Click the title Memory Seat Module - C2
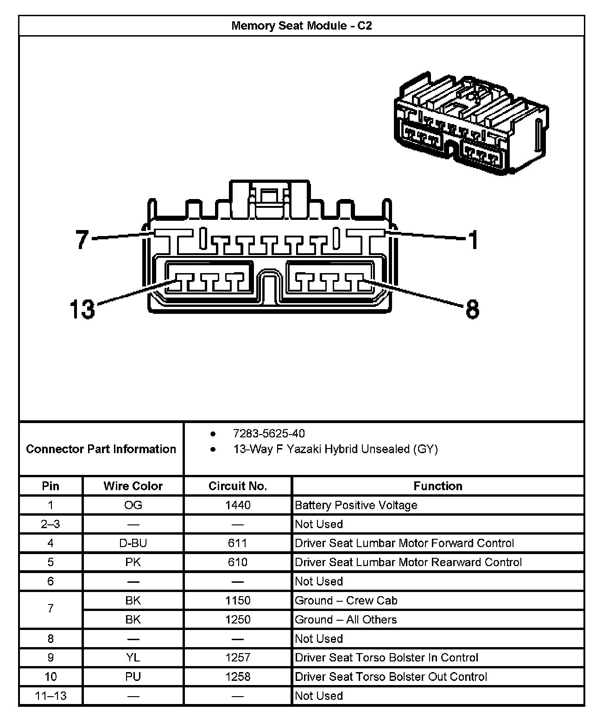tap(301, 25)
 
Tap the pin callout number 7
tap(82, 239)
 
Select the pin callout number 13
tap(82, 309)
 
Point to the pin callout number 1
tap(473, 240)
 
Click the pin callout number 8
tap(472, 309)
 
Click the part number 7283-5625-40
tap(269, 433)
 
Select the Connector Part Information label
tap(101, 449)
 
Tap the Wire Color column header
tap(133, 486)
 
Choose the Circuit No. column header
tap(238, 486)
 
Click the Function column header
tap(438, 486)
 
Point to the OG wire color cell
tap(133, 505)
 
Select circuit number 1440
tap(238, 505)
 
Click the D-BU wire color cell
tap(133, 543)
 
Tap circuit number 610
tap(238, 562)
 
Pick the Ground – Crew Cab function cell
tap(346, 600)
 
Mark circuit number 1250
tap(238, 619)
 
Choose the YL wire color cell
tap(133, 657)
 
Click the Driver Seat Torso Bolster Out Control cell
tap(391, 677)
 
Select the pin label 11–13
tap(51, 696)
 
